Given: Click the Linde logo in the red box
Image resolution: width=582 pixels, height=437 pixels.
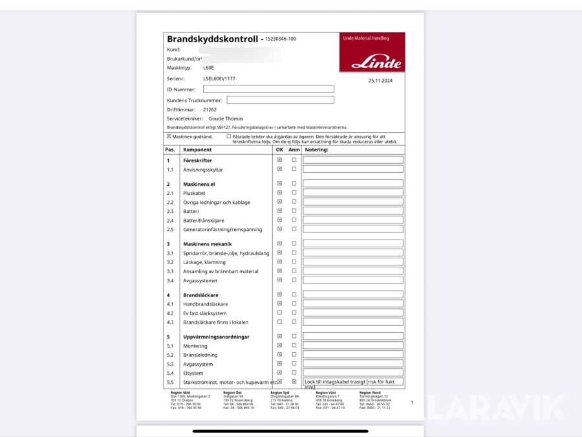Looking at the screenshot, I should point(376,63).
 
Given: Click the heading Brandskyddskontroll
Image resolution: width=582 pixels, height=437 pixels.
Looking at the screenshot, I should point(213,39).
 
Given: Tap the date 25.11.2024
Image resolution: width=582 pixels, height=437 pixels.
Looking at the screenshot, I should point(381,81).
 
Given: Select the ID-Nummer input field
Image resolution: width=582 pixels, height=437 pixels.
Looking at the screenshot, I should point(268,89).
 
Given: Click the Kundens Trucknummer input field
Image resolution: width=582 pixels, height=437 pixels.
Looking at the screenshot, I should point(280,100).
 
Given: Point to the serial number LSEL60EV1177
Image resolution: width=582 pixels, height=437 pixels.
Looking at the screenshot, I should point(219,78).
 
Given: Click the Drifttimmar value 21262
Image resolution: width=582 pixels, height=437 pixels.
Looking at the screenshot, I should point(210,110).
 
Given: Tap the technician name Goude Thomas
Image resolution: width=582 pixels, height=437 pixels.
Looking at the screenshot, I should point(226,119).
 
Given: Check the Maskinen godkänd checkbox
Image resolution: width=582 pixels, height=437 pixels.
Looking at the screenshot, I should point(169,137).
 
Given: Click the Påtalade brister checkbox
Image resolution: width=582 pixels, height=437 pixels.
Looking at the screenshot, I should point(229,137).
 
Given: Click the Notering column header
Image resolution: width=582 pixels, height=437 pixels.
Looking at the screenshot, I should point(316,150).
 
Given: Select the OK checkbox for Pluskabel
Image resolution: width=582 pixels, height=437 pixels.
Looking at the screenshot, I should point(279,193).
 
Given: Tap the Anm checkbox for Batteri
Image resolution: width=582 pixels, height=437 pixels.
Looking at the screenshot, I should point(294,211).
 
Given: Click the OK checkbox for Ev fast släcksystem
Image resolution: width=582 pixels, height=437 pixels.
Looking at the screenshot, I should point(279,313).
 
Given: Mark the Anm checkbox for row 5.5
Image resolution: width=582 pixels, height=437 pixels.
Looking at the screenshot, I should point(294,382).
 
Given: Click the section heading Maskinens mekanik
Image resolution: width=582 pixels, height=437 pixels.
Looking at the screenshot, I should point(206,244).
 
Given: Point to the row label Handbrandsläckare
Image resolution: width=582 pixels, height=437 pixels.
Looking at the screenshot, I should point(206,304).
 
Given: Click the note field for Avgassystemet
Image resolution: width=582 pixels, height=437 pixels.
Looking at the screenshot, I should point(353,280).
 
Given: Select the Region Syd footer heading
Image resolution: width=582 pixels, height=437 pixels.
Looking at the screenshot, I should point(280,393).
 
